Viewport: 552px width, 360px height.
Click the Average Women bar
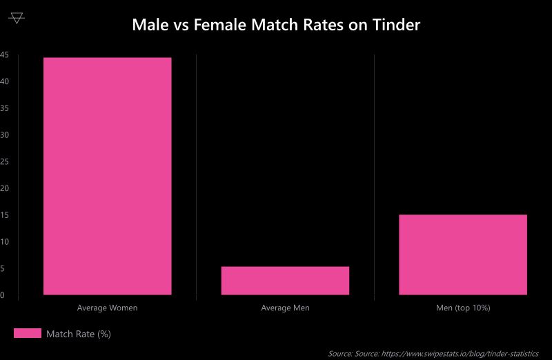click(x=107, y=176)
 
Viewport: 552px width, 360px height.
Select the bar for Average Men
click(x=285, y=281)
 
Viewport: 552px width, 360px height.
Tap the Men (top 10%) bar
click(x=463, y=254)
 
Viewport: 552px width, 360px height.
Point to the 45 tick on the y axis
click(x=3, y=55)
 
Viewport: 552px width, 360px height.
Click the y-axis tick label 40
click(x=3, y=82)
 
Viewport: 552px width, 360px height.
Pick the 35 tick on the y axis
click(x=3, y=108)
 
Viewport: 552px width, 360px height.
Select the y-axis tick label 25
click(x=3, y=162)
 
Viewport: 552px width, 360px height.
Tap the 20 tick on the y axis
click(x=3, y=188)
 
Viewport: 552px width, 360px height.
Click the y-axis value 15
click(x=3, y=215)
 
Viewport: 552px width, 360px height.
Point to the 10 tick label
click(x=3, y=242)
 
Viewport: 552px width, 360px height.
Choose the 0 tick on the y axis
click(x=3, y=295)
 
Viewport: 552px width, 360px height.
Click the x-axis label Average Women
click(x=107, y=308)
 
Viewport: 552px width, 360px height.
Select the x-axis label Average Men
click(x=285, y=308)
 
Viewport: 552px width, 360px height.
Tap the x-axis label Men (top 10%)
click(x=463, y=308)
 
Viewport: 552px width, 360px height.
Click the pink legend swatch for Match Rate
click(x=28, y=334)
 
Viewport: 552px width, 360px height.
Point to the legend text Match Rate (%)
click(x=79, y=334)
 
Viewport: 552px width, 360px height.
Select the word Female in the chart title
click(x=219, y=26)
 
